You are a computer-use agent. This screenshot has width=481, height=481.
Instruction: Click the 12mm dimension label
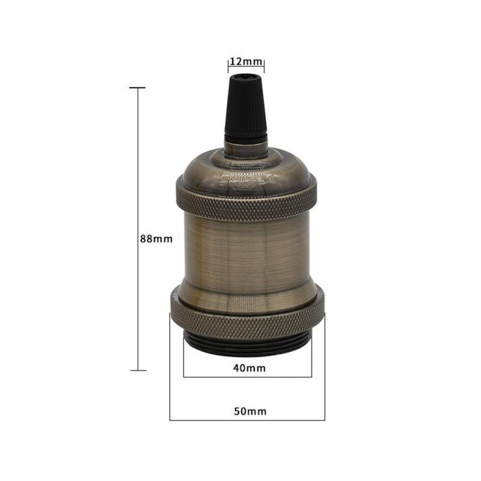pyautogui.click(x=247, y=62)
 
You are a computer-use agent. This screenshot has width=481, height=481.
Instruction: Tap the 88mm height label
pyautogui.click(x=156, y=239)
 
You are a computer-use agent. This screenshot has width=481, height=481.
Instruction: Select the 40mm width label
pyautogui.click(x=250, y=368)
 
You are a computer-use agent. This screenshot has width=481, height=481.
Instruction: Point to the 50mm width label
pyautogui.click(x=250, y=411)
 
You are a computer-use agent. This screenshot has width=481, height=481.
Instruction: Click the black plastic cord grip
pyautogui.click(x=246, y=108)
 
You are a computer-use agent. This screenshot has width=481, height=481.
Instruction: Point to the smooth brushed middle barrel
pyautogui.click(x=247, y=251)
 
